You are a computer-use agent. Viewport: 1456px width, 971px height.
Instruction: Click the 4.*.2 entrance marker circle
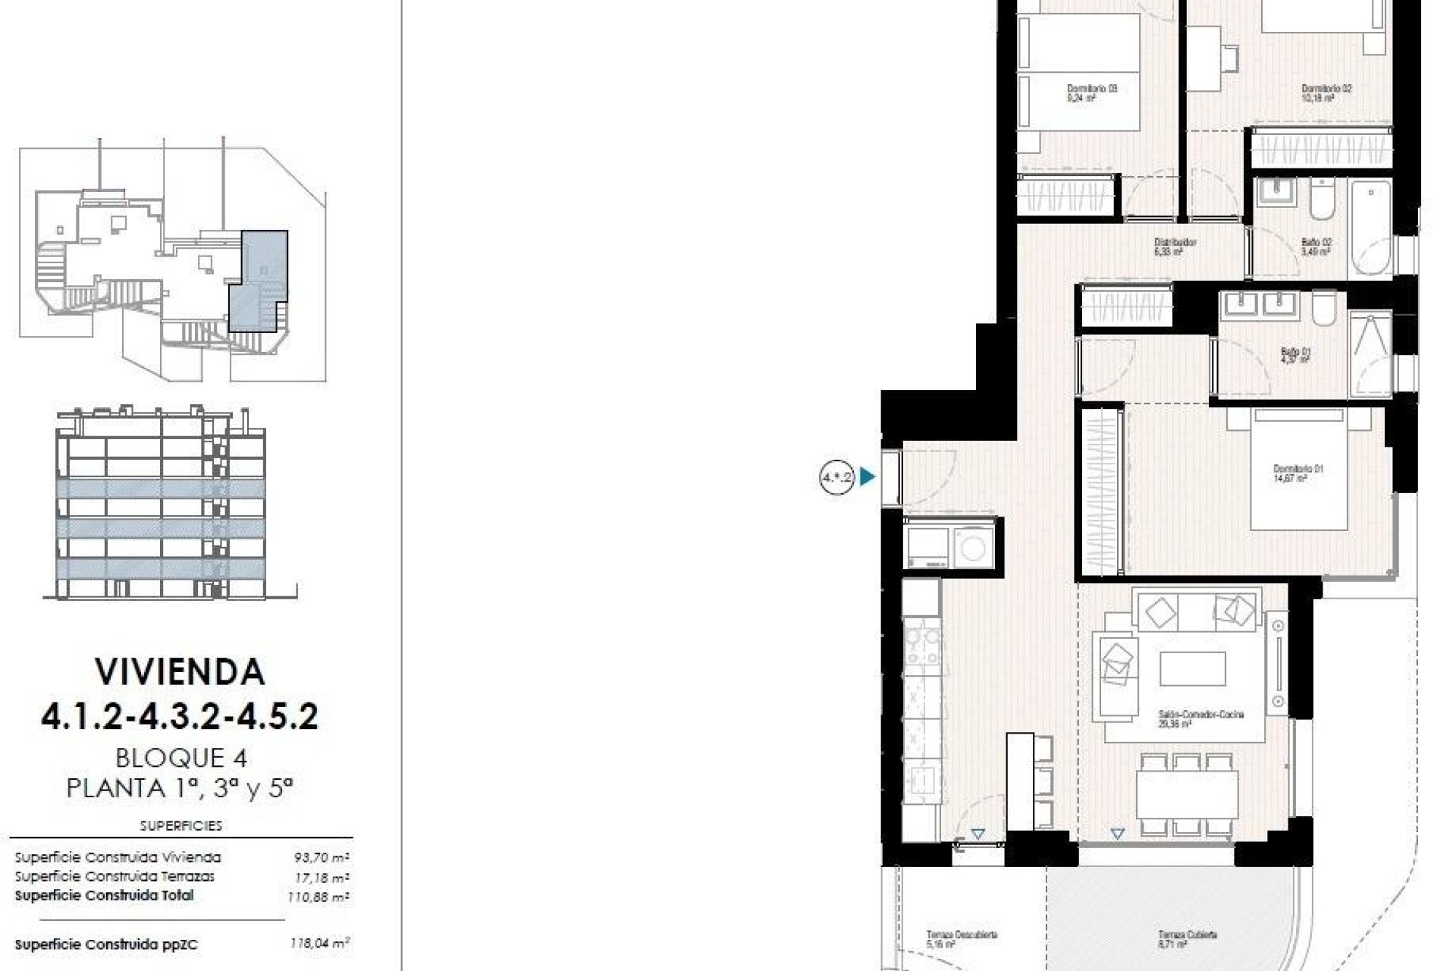pyautogui.click(x=837, y=477)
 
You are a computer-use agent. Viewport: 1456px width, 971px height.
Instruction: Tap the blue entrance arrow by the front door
pyautogui.click(x=868, y=477)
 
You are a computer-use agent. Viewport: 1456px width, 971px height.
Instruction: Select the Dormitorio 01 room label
pyautogui.click(x=1298, y=473)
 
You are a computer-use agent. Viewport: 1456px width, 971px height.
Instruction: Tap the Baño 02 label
pyautogui.click(x=1316, y=247)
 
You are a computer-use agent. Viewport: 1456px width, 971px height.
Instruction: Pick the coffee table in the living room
pyautogui.click(x=1192, y=669)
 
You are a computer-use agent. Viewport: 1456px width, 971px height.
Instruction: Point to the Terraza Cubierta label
pyautogui.click(x=1187, y=938)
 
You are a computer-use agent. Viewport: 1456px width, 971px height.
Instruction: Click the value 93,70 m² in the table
pyautogui.click(x=322, y=858)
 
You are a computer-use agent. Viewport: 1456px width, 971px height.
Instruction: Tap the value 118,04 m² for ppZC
pyautogui.click(x=319, y=944)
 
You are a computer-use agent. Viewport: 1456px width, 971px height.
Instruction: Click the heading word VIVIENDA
pyautogui.click(x=180, y=671)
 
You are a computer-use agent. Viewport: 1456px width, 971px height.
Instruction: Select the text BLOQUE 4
pyautogui.click(x=181, y=757)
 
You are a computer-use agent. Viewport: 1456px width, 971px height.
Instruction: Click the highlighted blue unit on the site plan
pyautogui.click(x=258, y=281)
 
